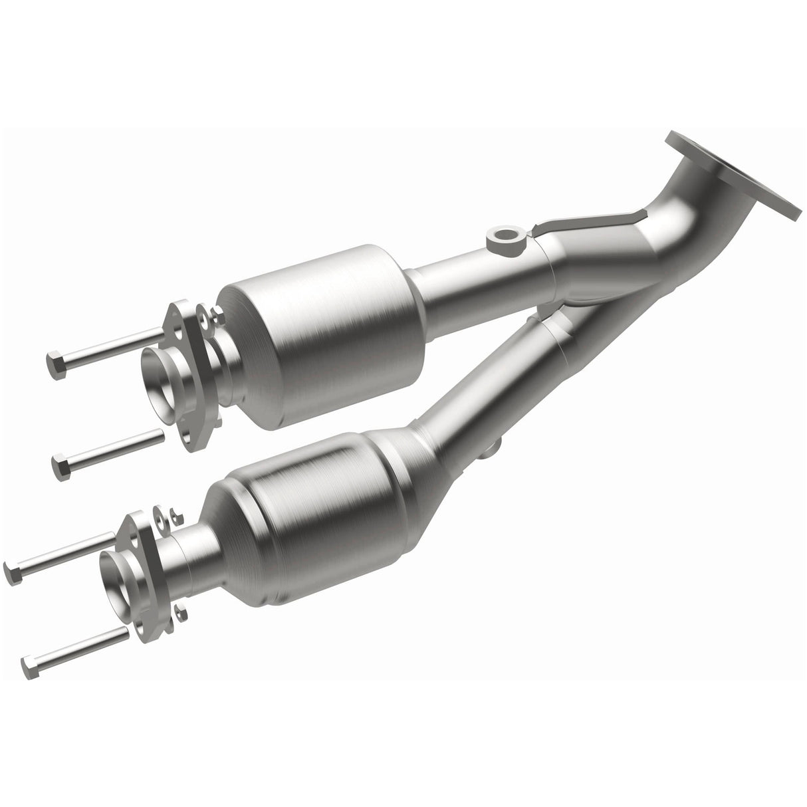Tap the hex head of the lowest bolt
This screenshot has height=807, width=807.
coord(29,662)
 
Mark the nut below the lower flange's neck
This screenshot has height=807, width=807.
coord(181,610)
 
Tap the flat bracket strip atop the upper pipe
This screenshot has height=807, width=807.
coord(585,223)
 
